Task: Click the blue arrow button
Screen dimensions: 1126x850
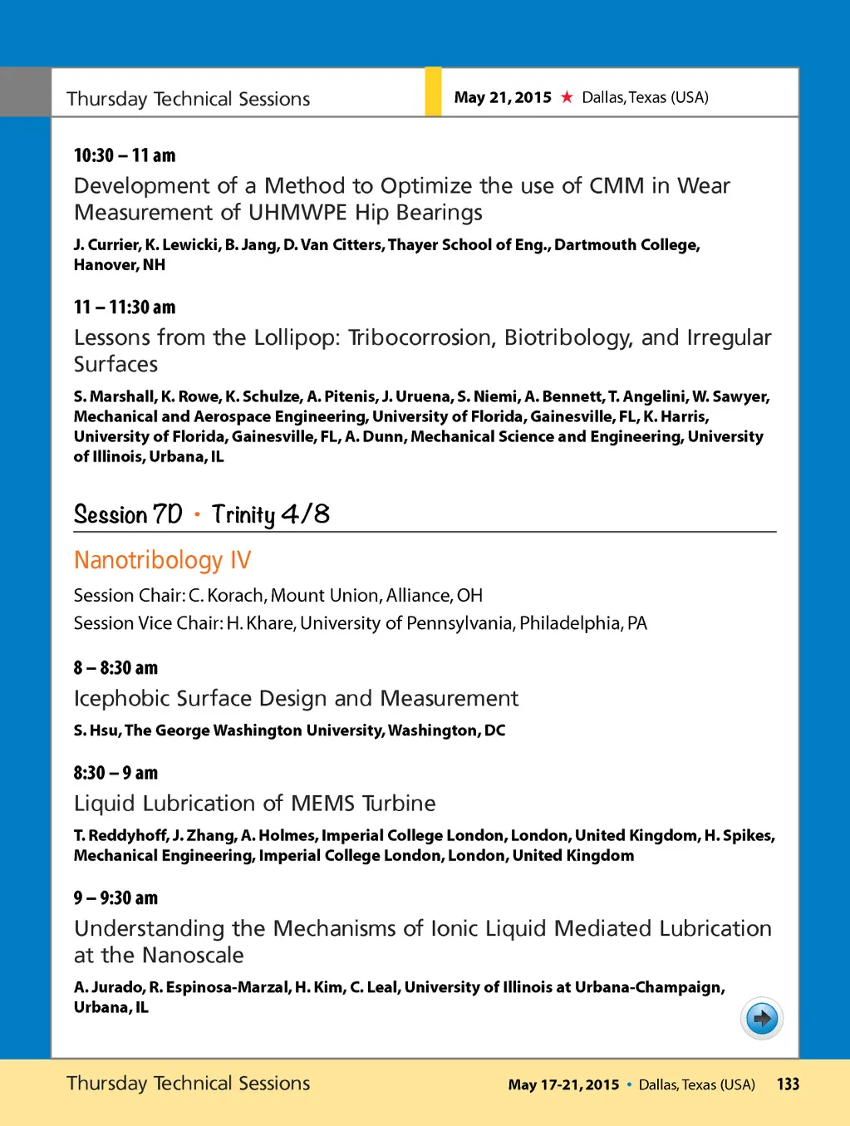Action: coord(761,1018)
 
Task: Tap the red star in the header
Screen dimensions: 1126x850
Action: coord(567,97)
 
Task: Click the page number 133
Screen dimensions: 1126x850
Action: coord(788,1084)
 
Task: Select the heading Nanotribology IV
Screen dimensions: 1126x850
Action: coord(162,560)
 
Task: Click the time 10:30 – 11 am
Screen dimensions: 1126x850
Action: coord(125,155)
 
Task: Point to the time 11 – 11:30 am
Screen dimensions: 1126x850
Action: coord(125,307)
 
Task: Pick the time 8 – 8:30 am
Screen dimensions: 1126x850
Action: coord(115,668)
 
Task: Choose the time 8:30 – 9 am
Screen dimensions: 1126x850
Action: coord(115,773)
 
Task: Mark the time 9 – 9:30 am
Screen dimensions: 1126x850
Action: coord(115,898)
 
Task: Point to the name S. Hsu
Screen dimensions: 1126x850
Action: coord(96,730)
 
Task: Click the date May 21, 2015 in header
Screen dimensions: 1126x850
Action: coord(503,97)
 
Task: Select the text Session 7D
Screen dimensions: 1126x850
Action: coord(128,514)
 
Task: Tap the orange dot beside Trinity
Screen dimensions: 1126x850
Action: coord(197,514)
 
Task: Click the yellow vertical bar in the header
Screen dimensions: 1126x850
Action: coord(433,91)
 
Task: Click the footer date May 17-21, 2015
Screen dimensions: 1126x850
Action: coord(563,1084)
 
